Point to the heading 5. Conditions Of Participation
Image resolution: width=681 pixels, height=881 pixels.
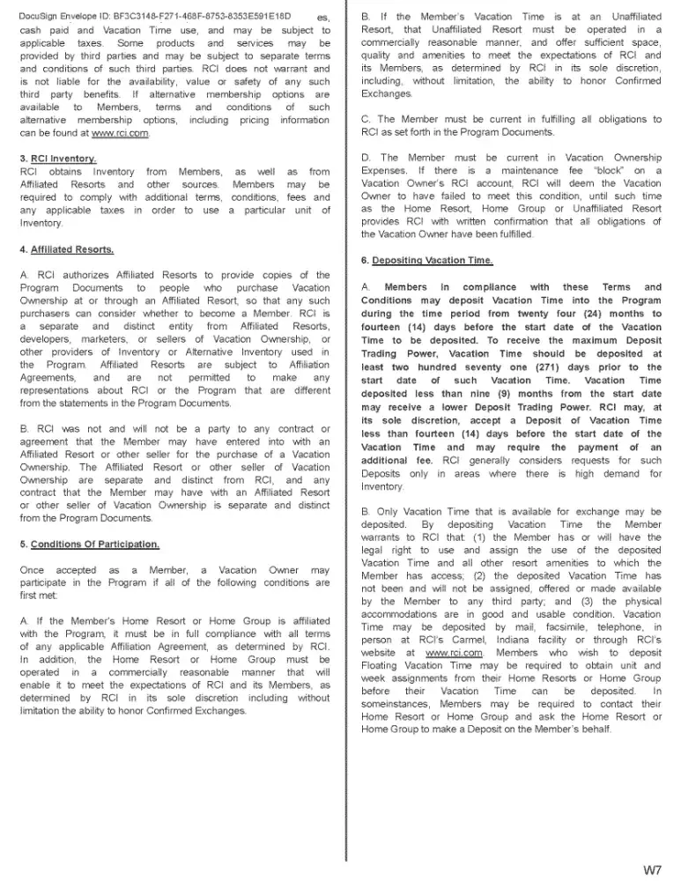pos(89,544)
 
